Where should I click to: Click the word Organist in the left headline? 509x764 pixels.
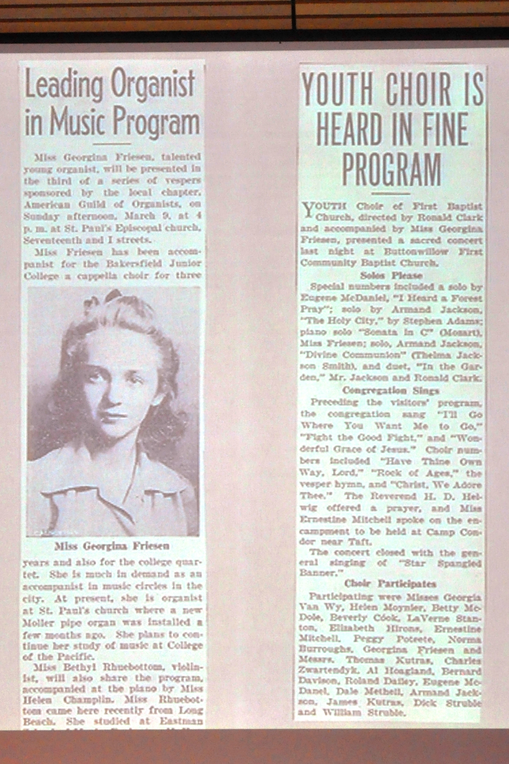(x=152, y=84)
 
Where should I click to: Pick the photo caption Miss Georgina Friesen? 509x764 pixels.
(x=112, y=546)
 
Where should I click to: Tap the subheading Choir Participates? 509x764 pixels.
(x=390, y=584)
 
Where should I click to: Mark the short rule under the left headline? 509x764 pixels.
(x=112, y=143)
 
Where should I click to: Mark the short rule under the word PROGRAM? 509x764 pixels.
(x=390, y=193)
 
